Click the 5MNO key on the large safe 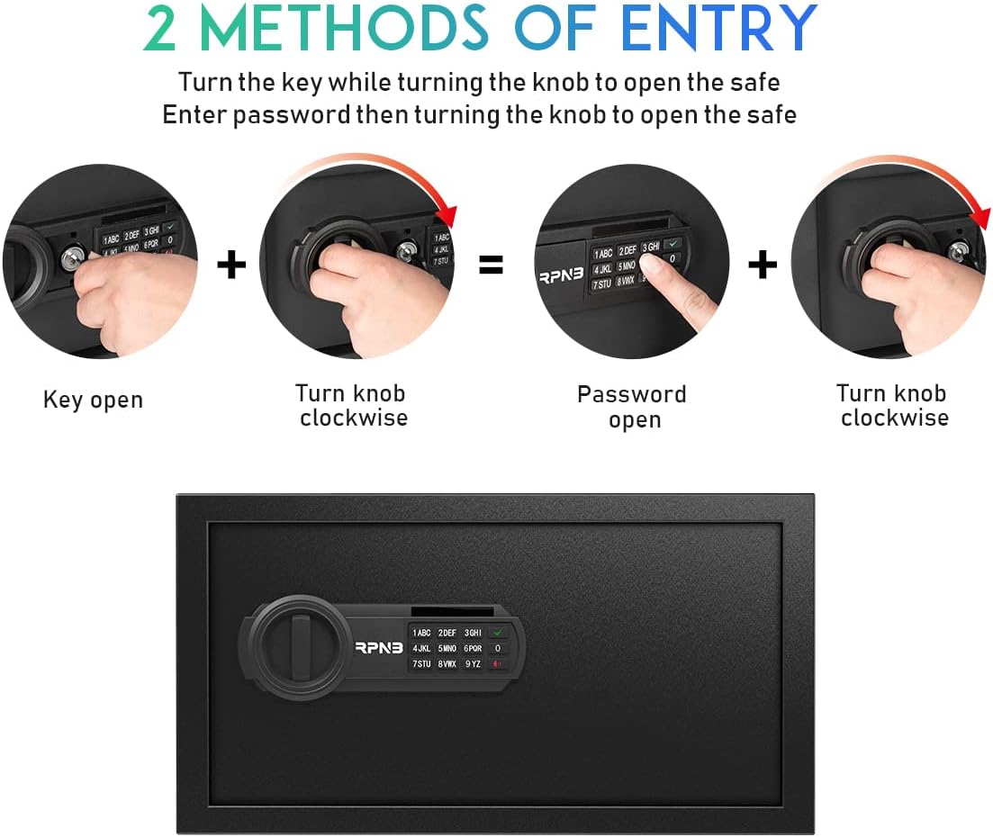pyautogui.click(x=447, y=649)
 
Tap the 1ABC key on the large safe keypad pyautogui.click(x=421, y=634)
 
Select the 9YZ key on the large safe pyautogui.click(x=473, y=664)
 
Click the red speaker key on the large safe pyautogui.click(x=497, y=664)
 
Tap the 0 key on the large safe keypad pyautogui.click(x=497, y=649)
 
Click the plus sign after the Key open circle pyautogui.click(x=231, y=265)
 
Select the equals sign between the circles pyautogui.click(x=491, y=265)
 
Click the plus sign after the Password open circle pyautogui.click(x=763, y=265)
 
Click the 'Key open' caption pyautogui.click(x=93, y=400)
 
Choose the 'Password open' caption pyautogui.click(x=632, y=407)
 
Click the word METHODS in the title pyautogui.click(x=344, y=30)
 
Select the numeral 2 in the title pyautogui.click(x=159, y=30)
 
